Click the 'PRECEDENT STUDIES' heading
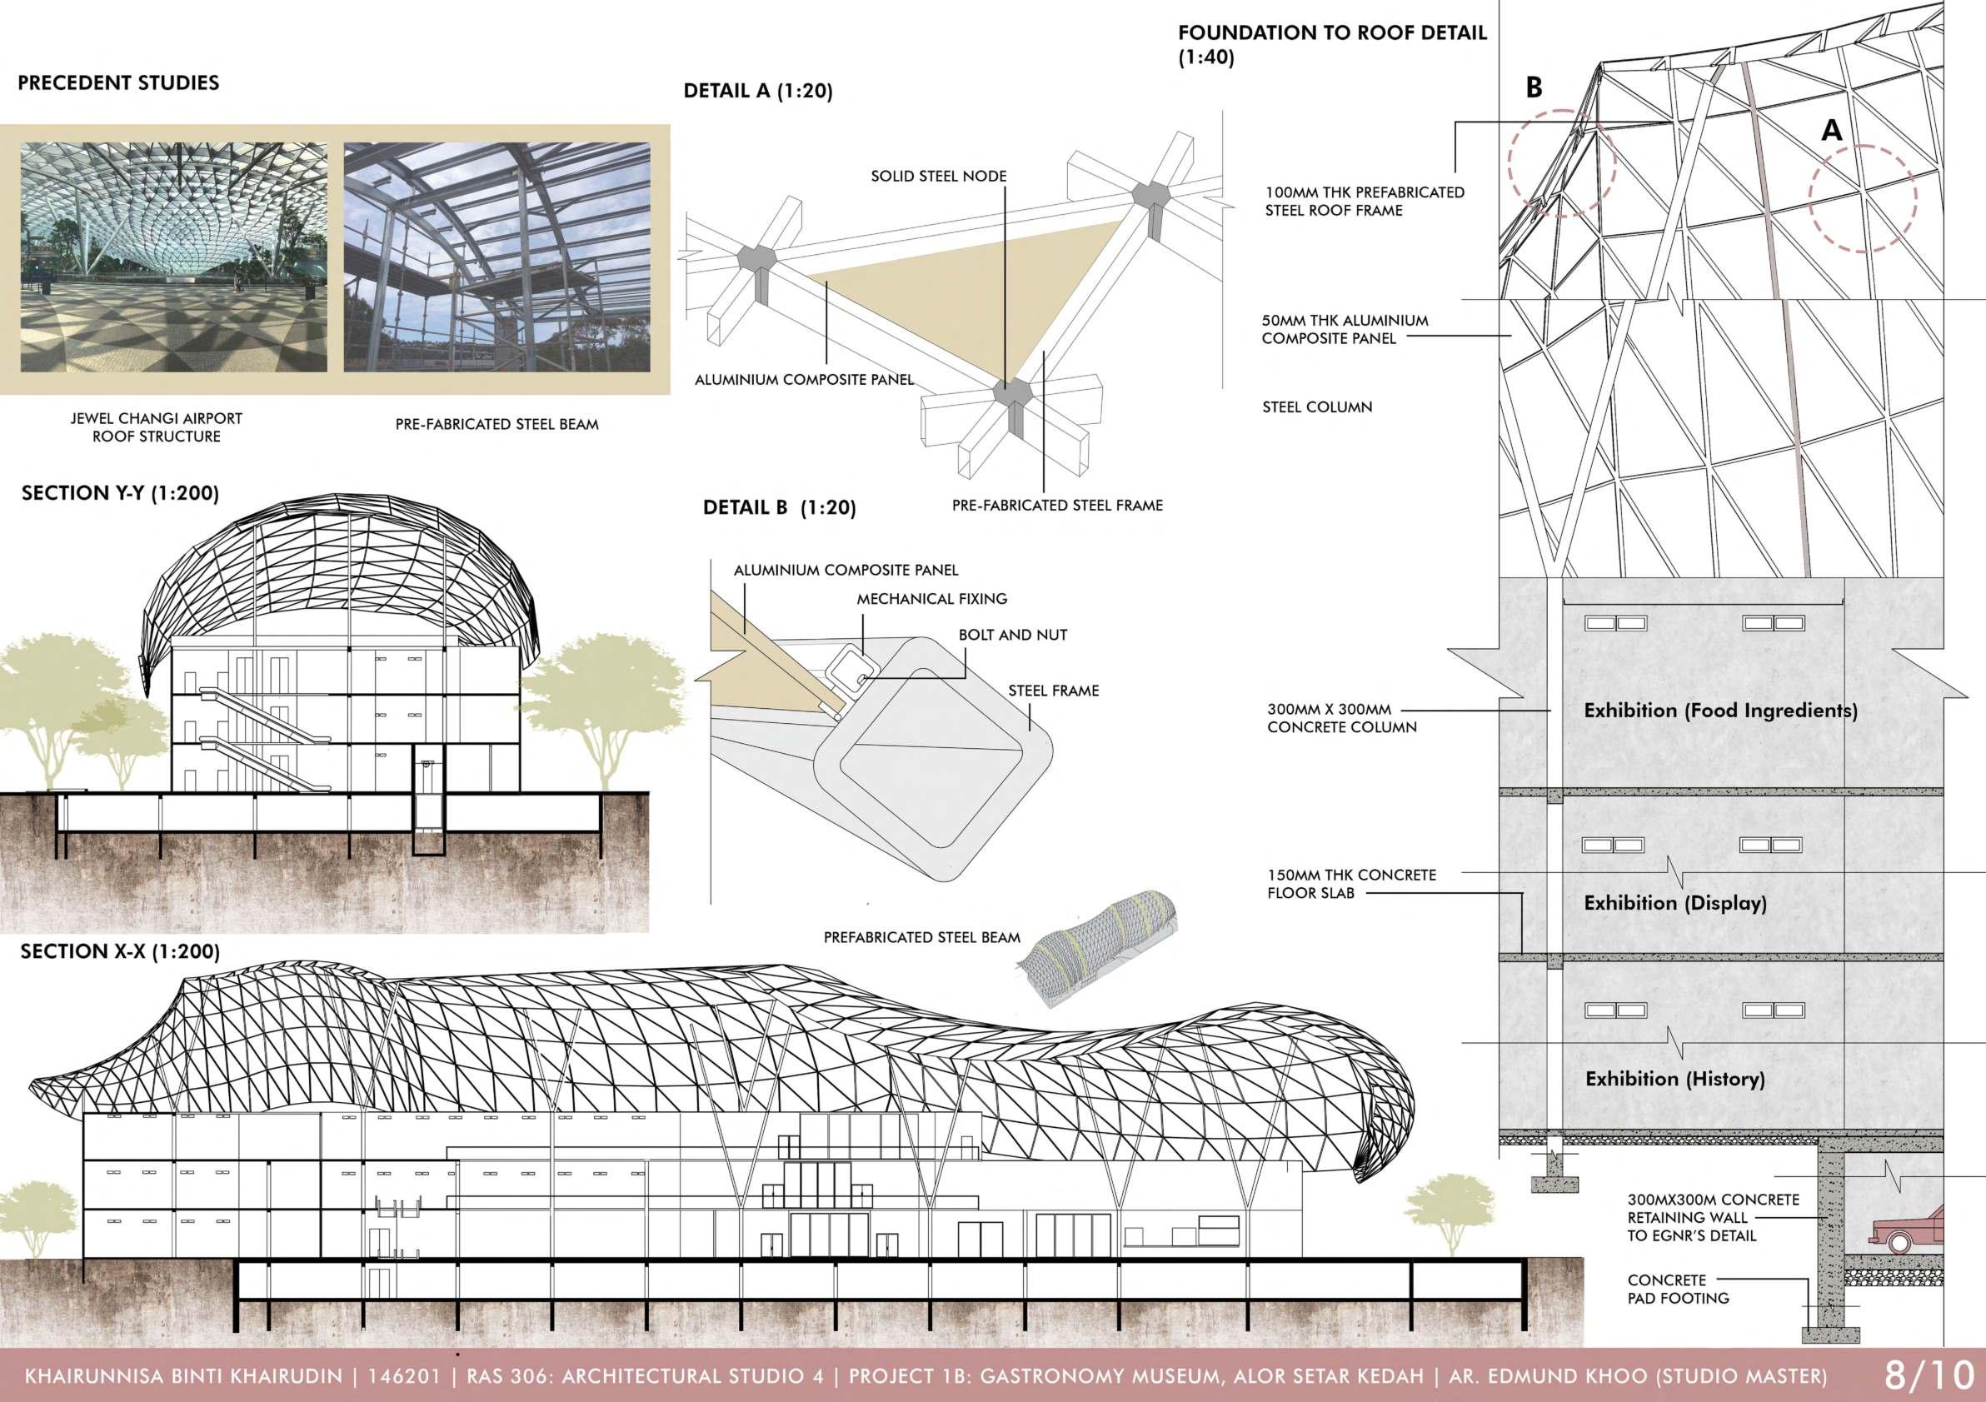pyautogui.click(x=118, y=83)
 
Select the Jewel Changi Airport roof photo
pyautogui.click(x=174, y=257)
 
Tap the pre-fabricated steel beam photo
pyautogui.click(x=496, y=257)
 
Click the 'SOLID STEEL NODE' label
pyautogui.click(x=939, y=177)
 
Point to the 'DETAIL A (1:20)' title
pyautogui.click(x=758, y=91)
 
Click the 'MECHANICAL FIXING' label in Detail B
pyautogui.click(x=931, y=598)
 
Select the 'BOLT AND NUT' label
pyautogui.click(x=1012, y=635)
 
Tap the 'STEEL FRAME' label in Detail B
pyautogui.click(x=1053, y=691)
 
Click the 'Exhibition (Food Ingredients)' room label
pyautogui.click(x=1720, y=711)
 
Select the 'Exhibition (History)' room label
pyautogui.click(x=1674, y=1079)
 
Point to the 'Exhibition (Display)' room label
pyautogui.click(x=1674, y=903)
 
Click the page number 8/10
pyautogui.click(x=1928, y=1375)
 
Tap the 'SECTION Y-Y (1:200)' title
pyautogui.click(x=120, y=493)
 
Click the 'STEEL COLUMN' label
pyautogui.click(x=1316, y=407)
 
